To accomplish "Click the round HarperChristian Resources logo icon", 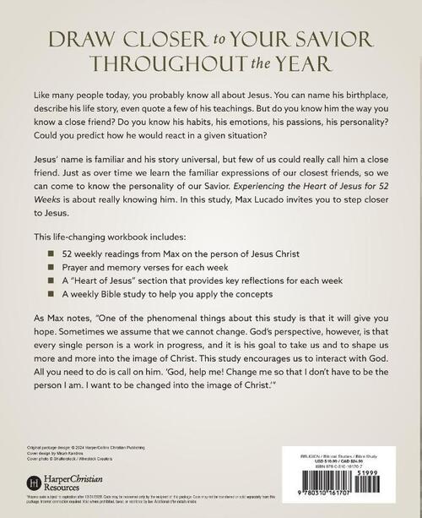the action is (x=34, y=484).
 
